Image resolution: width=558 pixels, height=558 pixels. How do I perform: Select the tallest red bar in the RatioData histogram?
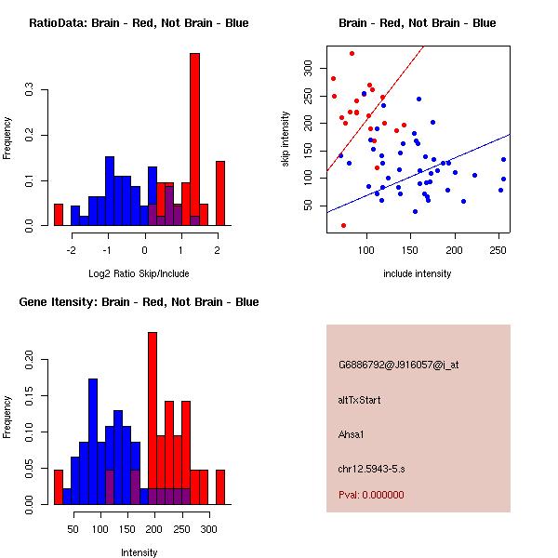pos(195,139)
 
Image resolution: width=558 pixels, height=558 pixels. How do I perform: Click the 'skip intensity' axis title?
pos(286,139)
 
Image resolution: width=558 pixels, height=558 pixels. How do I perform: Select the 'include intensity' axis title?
pos(418,273)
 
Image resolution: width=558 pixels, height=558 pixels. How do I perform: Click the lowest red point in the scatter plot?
pos(344,225)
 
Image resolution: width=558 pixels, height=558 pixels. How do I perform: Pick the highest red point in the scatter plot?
pos(352,53)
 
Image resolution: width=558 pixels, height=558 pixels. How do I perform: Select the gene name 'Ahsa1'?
pos(352,433)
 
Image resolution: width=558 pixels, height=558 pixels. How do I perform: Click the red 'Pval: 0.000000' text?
pos(377,496)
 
